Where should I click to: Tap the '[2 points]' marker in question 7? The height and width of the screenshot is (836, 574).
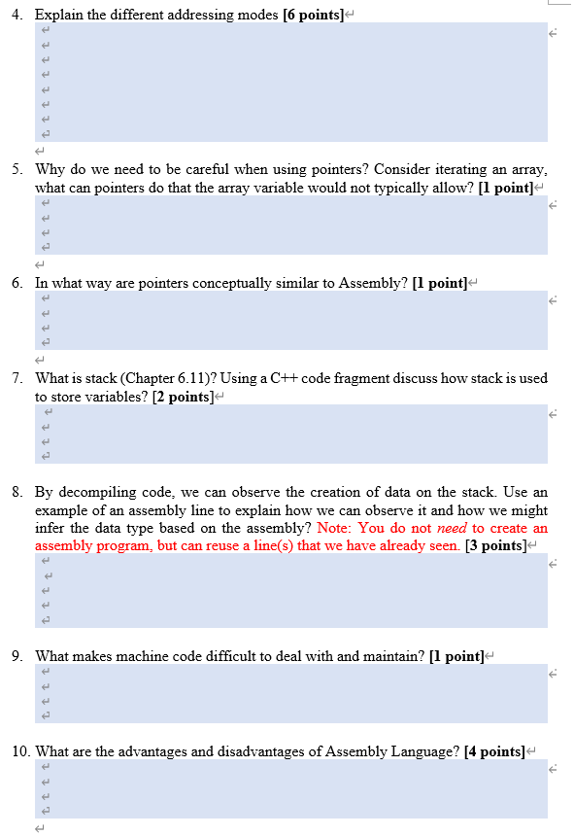tap(183, 397)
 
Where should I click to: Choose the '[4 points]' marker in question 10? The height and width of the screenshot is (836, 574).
tap(494, 751)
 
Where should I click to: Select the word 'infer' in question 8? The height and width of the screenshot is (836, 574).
tap(51, 528)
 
